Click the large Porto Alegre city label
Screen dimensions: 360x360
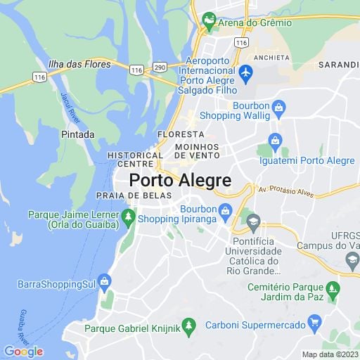pyautogui.click(x=180, y=180)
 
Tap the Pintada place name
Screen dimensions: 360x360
pyautogui.click(x=78, y=134)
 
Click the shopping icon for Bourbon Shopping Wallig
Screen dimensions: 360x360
pyautogui.click(x=279, y=108)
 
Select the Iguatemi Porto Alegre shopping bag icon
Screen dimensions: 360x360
pyautogui.click(x=275, y=141)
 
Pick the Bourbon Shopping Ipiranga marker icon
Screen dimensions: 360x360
pyautogui.click(x=225, y=210)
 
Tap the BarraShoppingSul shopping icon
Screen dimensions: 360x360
pyautogui.click(x=105, y=284)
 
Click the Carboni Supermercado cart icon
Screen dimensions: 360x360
pyautogui.click(x=315, y=324)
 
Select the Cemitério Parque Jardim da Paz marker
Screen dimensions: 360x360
pyautogui.click(x=334, y=289)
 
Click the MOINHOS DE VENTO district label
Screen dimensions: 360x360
pyautogui.click(x=198, y=150)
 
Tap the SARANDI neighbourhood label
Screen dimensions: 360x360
pyautogui.click(x=339, y=63)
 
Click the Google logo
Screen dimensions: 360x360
pyautogui.click(x=23, y=352)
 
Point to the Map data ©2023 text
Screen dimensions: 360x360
pyautogui.click(x=329, y=354)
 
